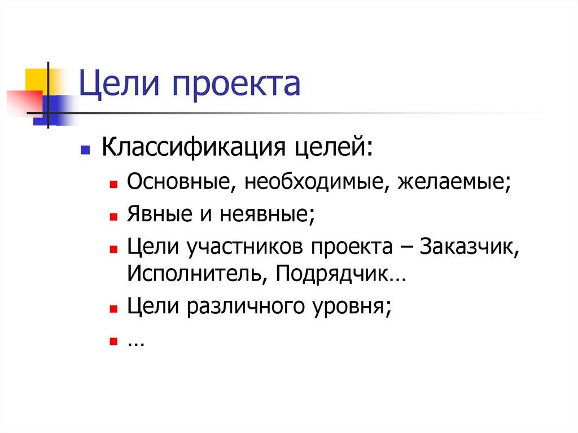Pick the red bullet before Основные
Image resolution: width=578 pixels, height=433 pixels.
[113, 185]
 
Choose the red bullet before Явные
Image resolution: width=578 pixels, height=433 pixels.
[113, 216]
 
